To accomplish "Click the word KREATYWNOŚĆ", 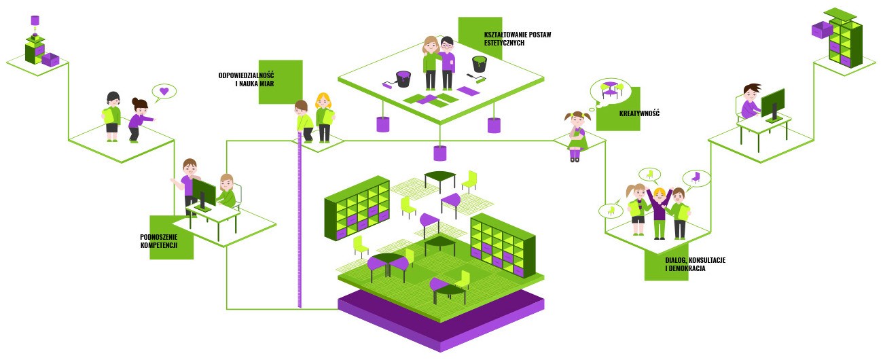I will click(x=639, y=113).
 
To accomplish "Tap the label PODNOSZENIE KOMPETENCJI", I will click(x=159, y=241).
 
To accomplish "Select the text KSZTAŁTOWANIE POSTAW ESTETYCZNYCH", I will click(x=517, y=39).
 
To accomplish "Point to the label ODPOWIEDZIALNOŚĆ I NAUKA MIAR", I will click(x=245, y=79).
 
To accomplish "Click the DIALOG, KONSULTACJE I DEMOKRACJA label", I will click(x=695, y=264).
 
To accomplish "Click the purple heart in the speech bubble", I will click(x=164, y=90).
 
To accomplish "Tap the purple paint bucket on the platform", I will click(x=403, y=79).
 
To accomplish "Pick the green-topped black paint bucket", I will click(x=480, y=64).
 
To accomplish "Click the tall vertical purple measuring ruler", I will click(x=299, y=224).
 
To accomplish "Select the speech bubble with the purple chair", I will click(x=696, y=178).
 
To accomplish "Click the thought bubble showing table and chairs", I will click(x=610, y=89).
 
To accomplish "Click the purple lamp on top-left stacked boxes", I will click(x=35, y=21).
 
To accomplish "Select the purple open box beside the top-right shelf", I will click(x=822, y=29).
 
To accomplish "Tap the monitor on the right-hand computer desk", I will click(x=773, y=104).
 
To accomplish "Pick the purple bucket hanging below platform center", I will click(x=441, y=153).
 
